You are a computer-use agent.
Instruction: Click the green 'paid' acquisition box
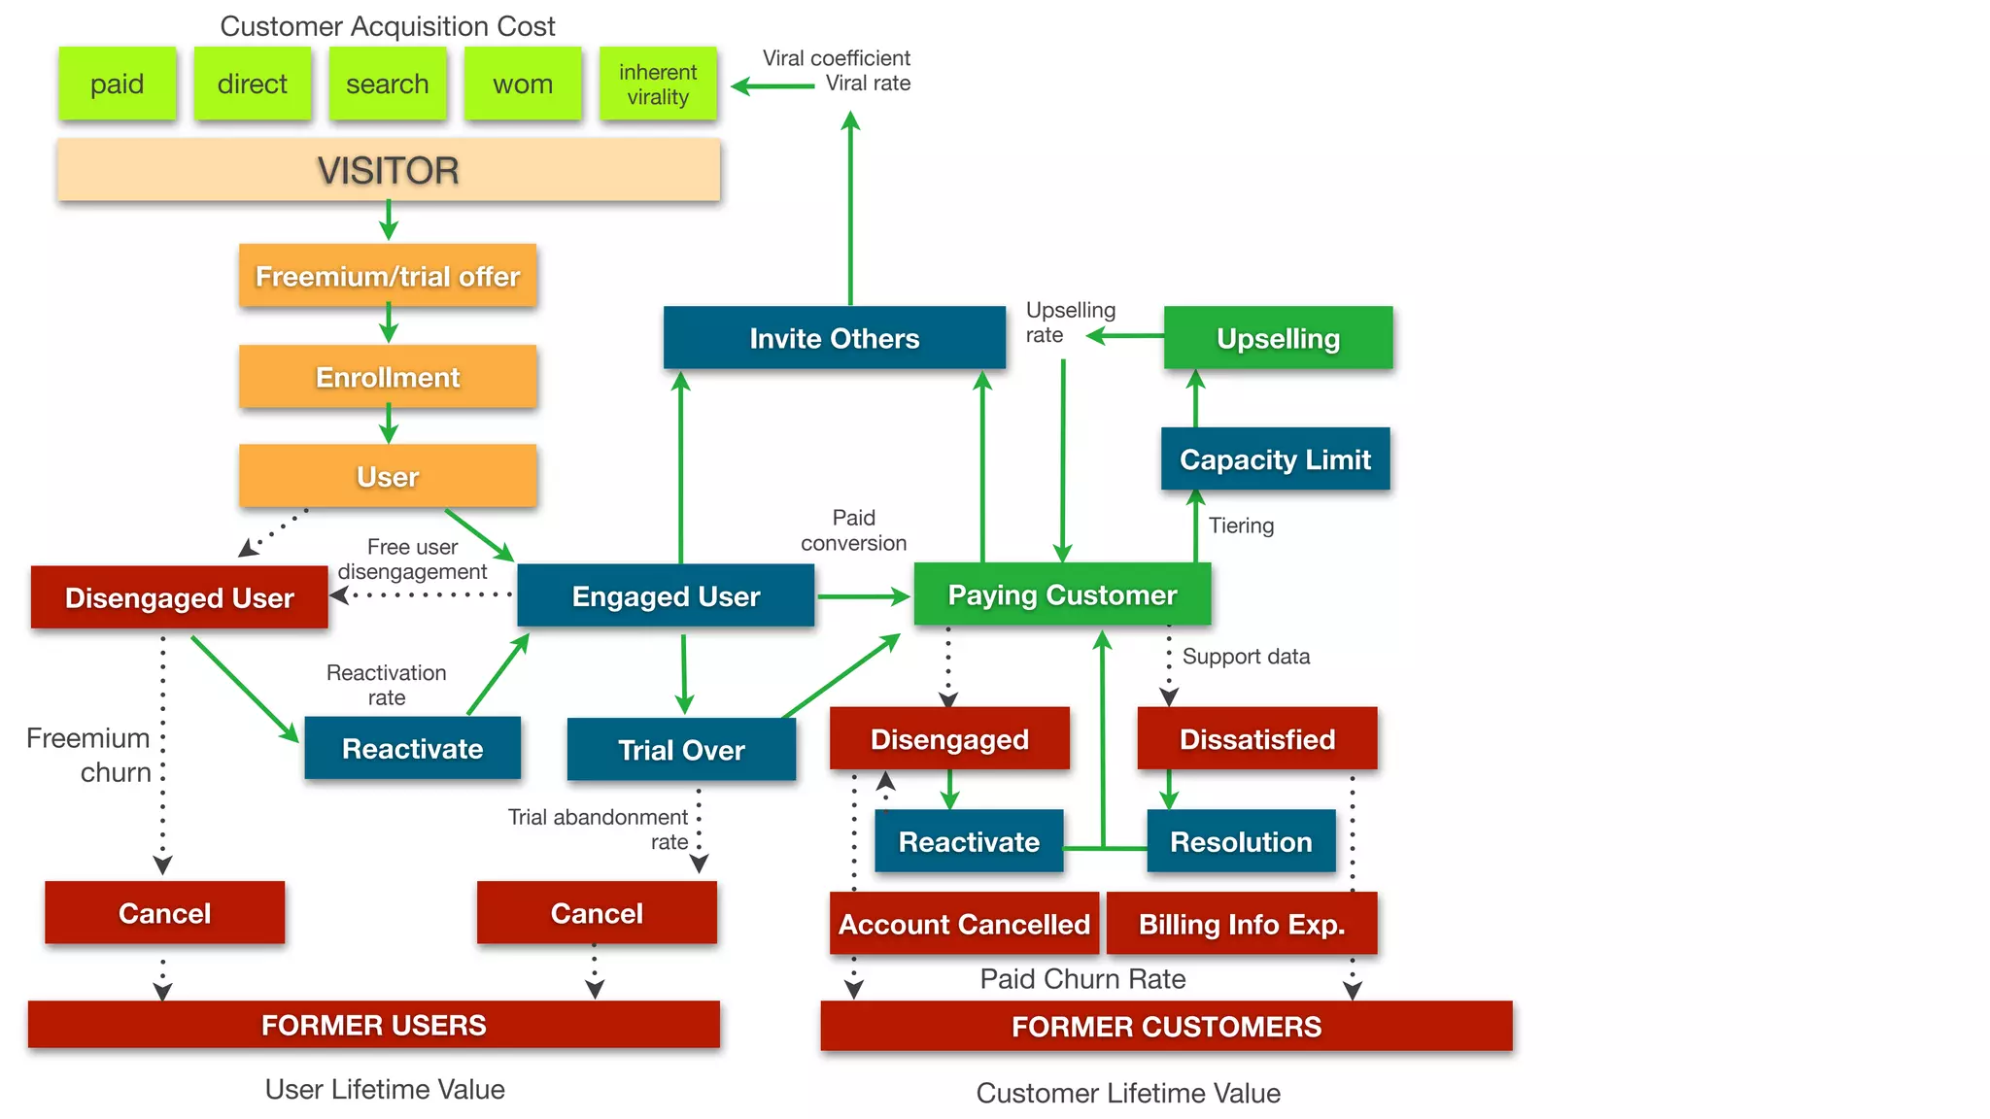click(x=117, y=84)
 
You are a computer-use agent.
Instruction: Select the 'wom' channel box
click(x=523, y=84)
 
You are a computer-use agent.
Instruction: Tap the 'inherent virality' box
click(x=658, y=84)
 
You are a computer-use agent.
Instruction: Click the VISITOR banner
click(x=388, y=170)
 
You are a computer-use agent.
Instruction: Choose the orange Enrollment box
click(x=388, y=377)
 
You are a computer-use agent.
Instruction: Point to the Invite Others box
click(x=834, y=338)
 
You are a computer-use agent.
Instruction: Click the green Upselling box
click(x=1278, y=338)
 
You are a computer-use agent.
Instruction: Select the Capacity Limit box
click(x=1275, y=459)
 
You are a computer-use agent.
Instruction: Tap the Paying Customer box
click(x=1062, y=594)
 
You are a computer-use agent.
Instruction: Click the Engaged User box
click(x=666, y=596)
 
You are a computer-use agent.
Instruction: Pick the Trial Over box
click(x=681, y=750)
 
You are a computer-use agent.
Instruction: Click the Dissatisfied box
click(x=1257, y=739)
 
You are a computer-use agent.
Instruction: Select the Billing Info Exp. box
click(x=1242, y=924)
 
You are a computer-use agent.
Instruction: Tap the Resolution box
click(x=1241, y=841)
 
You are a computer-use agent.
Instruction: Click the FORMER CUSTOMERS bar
click(x=1166, y=1027)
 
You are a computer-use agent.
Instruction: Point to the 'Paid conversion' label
click(x=853, y=530)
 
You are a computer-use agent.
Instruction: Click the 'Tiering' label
click(x=1241, y=526)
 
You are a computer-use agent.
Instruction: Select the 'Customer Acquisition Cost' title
click(x=387, y=26)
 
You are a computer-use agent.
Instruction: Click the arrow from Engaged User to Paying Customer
click(x=863, y=596)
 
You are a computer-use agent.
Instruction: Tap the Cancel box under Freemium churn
click(x=164, y=913)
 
